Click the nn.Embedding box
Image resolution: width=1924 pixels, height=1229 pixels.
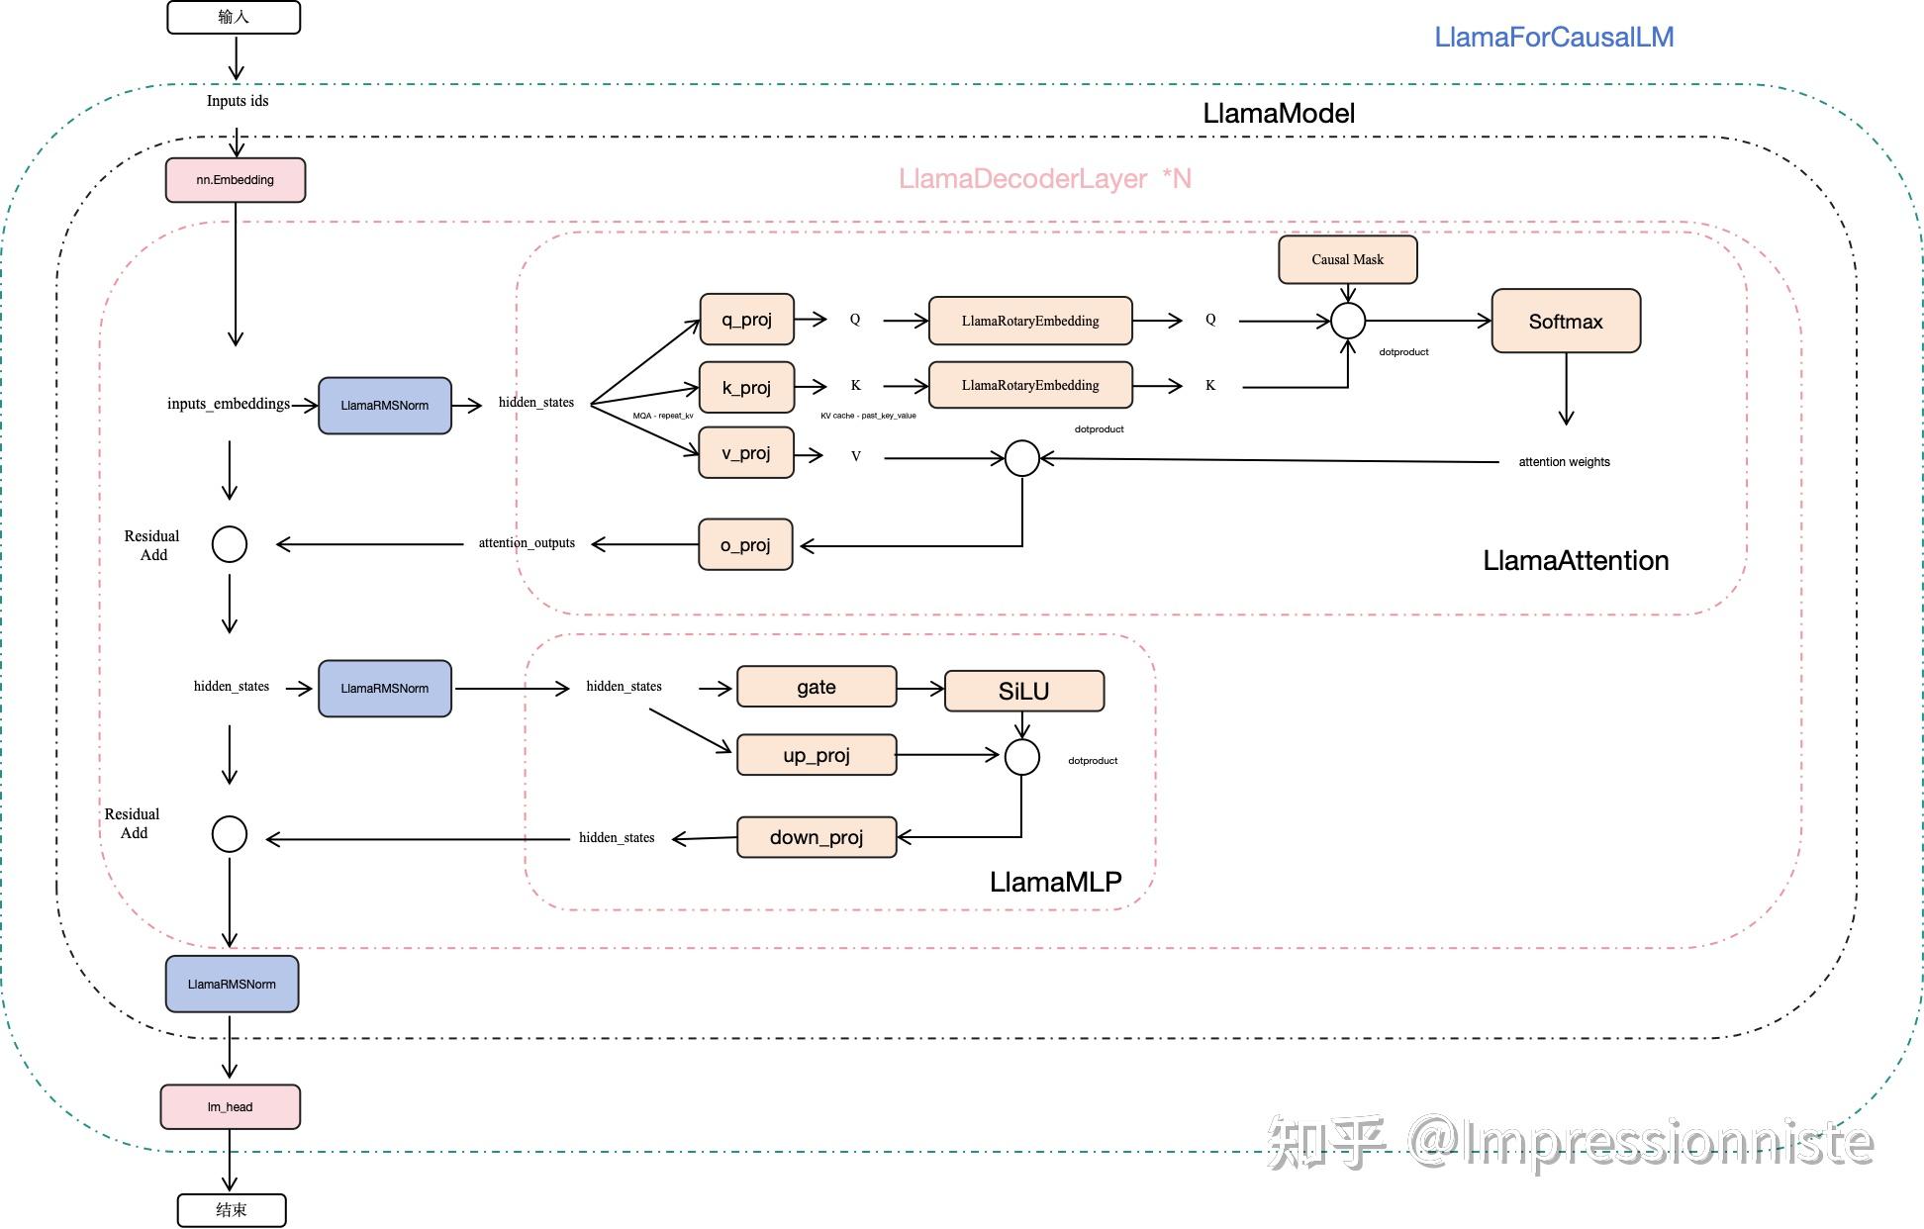click(235, 180)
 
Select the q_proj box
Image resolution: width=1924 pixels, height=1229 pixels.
click(746, 320)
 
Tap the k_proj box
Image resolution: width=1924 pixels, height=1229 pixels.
click(746, 387)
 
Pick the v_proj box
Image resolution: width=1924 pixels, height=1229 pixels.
click(746, 453)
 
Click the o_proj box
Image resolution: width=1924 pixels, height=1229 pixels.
click(745, 544)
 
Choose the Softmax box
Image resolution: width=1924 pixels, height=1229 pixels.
click(1565, 321)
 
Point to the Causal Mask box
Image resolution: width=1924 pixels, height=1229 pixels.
click(1347, 259)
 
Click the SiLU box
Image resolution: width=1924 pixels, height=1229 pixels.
click(1023, 691)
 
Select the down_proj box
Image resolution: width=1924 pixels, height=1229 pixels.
click(817, 837)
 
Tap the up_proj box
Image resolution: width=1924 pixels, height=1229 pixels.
click(817, 755)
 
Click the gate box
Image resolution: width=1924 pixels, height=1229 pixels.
click(817, 687)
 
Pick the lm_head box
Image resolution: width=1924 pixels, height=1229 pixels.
click(230, 1106)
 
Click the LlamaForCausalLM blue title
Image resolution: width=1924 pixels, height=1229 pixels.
click(1554, 38)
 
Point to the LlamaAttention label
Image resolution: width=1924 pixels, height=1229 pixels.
click(1575, 561)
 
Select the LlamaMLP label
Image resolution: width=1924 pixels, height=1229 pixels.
click(1055, 882)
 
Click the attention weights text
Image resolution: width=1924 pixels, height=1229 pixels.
click(1564, 462)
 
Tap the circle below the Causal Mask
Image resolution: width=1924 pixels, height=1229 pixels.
click(1347, 321)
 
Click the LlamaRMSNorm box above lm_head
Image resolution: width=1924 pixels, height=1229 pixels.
click(232, 984)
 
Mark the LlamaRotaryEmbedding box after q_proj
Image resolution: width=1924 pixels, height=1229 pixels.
click(1029, 321)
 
